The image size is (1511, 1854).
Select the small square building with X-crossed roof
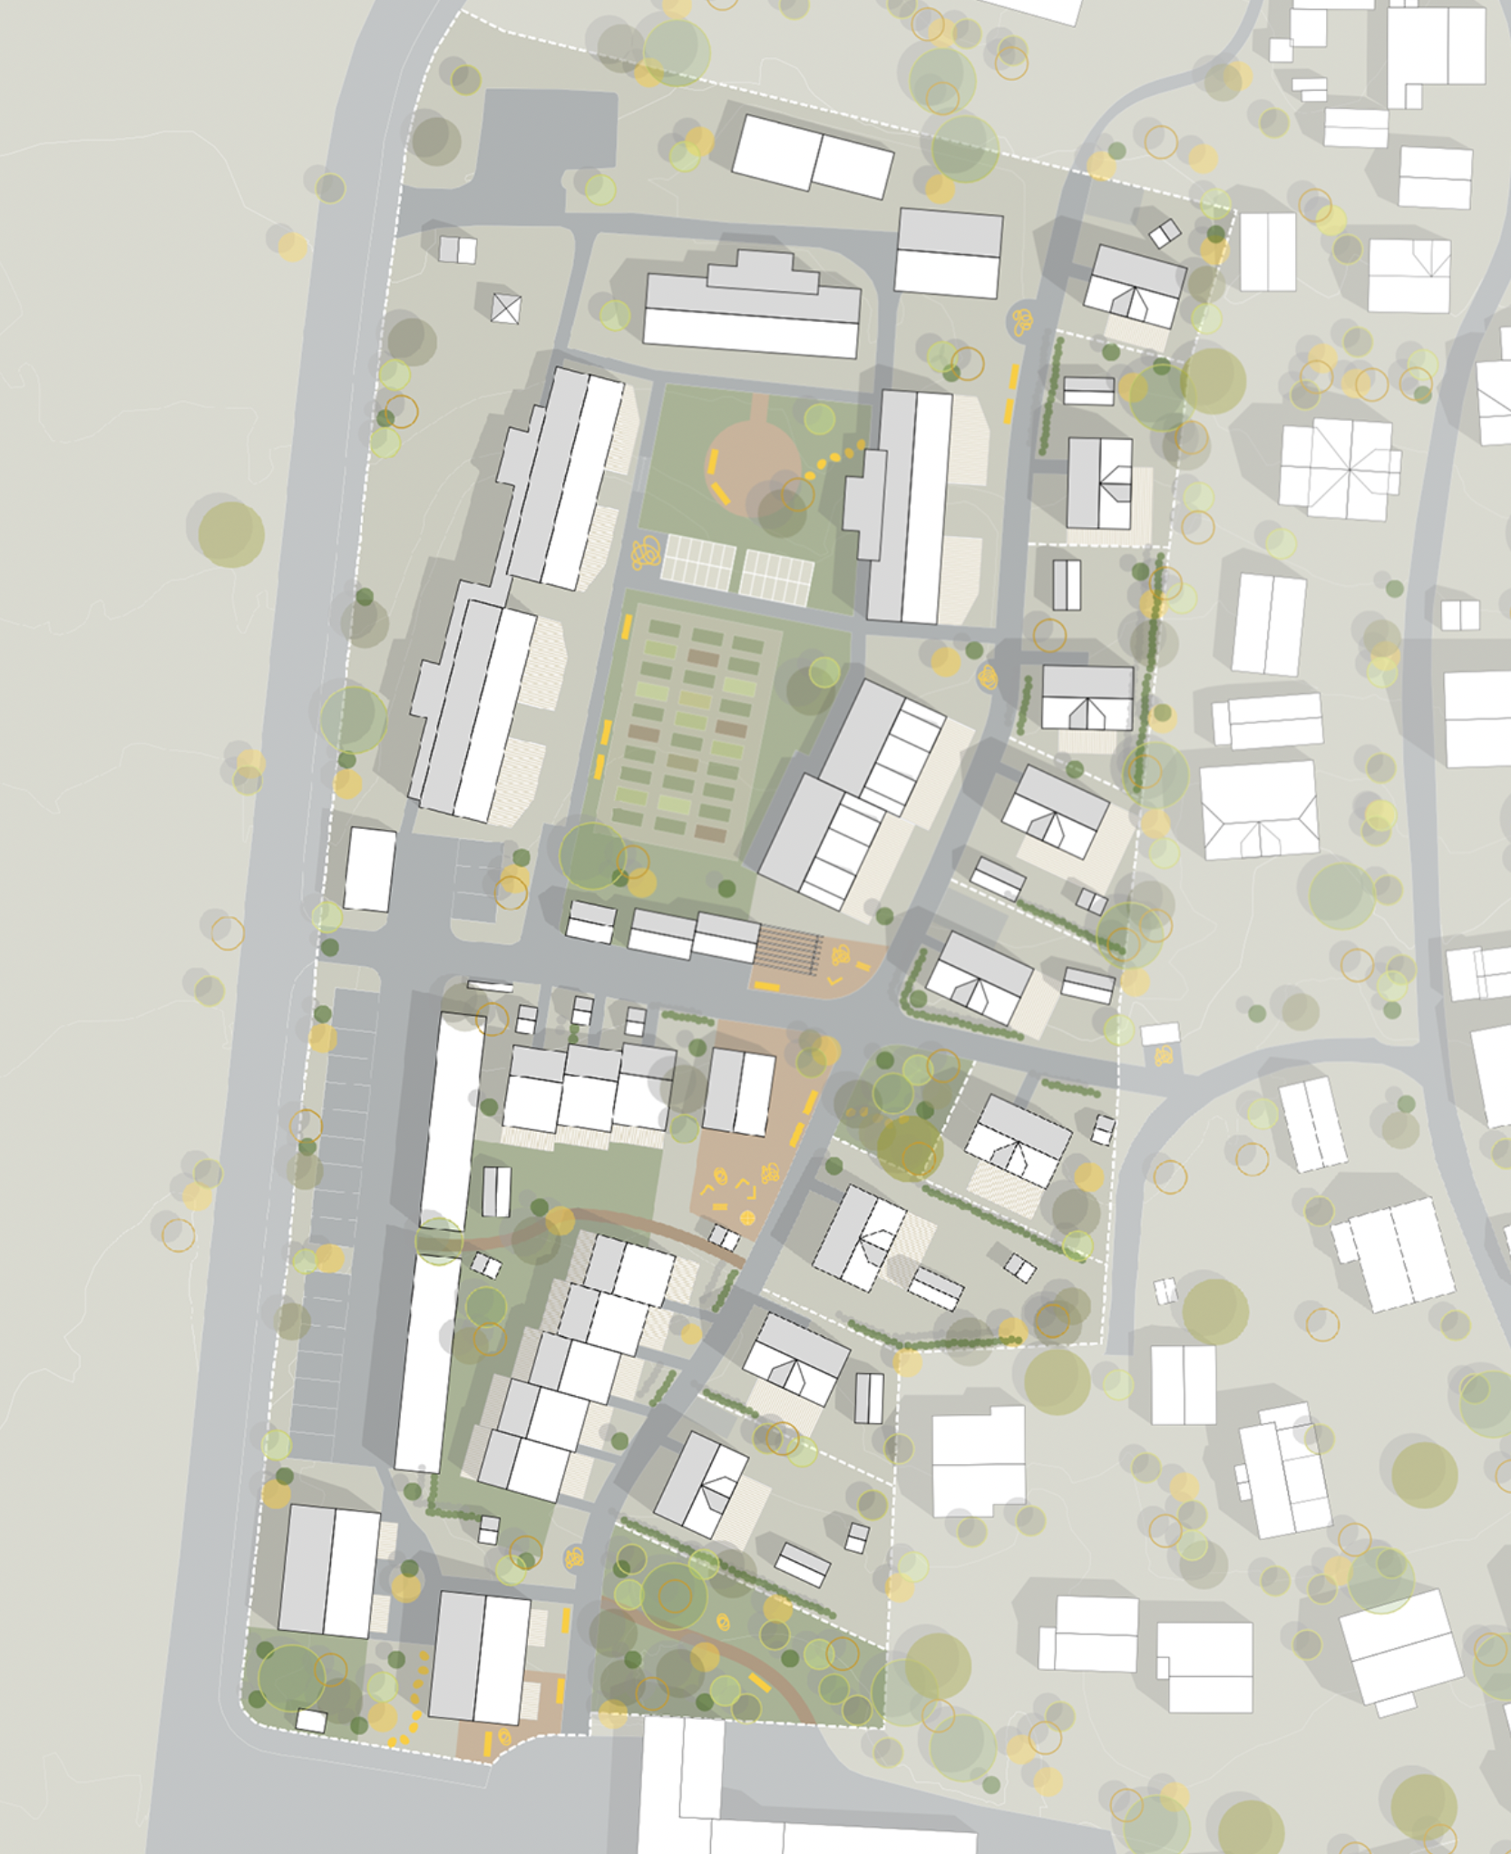point(506,308)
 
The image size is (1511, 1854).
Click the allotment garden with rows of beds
point(693,726)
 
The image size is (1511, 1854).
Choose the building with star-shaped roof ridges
point(1339,468)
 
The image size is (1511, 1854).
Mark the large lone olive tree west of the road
point(231,534)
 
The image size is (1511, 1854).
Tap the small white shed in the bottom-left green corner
point(311,1720)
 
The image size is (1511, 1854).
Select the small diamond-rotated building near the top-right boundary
point(1165,233)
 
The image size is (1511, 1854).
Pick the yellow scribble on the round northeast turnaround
point(1023,319)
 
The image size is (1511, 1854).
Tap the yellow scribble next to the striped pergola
point(842,953)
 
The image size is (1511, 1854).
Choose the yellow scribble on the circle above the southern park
point(574,1557)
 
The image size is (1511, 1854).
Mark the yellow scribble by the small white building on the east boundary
point(1164,1055)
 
